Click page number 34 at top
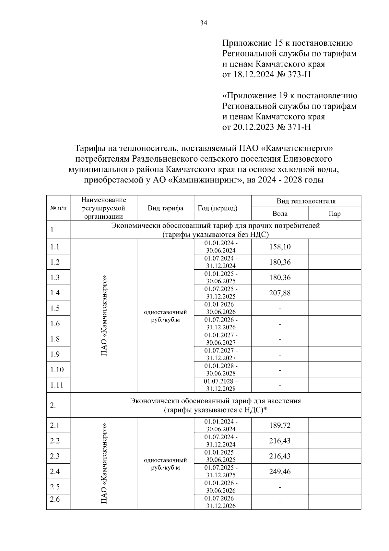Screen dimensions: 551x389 pos(204,23)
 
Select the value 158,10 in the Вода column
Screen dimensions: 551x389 pos(280,247)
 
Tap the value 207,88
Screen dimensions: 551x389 pos(280,293)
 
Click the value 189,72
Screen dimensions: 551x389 pos(280,425)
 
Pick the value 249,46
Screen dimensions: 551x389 pos(280,471)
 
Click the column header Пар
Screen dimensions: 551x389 pos(335,214)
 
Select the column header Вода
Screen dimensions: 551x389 pos(280,214)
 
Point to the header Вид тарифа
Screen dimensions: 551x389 pos(165,208)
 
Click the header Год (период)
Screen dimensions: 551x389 pos(218,208)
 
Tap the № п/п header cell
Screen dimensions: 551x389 pos(58,208)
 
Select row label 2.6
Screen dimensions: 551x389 pos(55,499)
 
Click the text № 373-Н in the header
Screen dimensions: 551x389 pos(293,75)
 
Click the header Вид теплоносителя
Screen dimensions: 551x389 pos(306,201)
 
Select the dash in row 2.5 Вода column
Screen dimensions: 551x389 pos(280,487)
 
